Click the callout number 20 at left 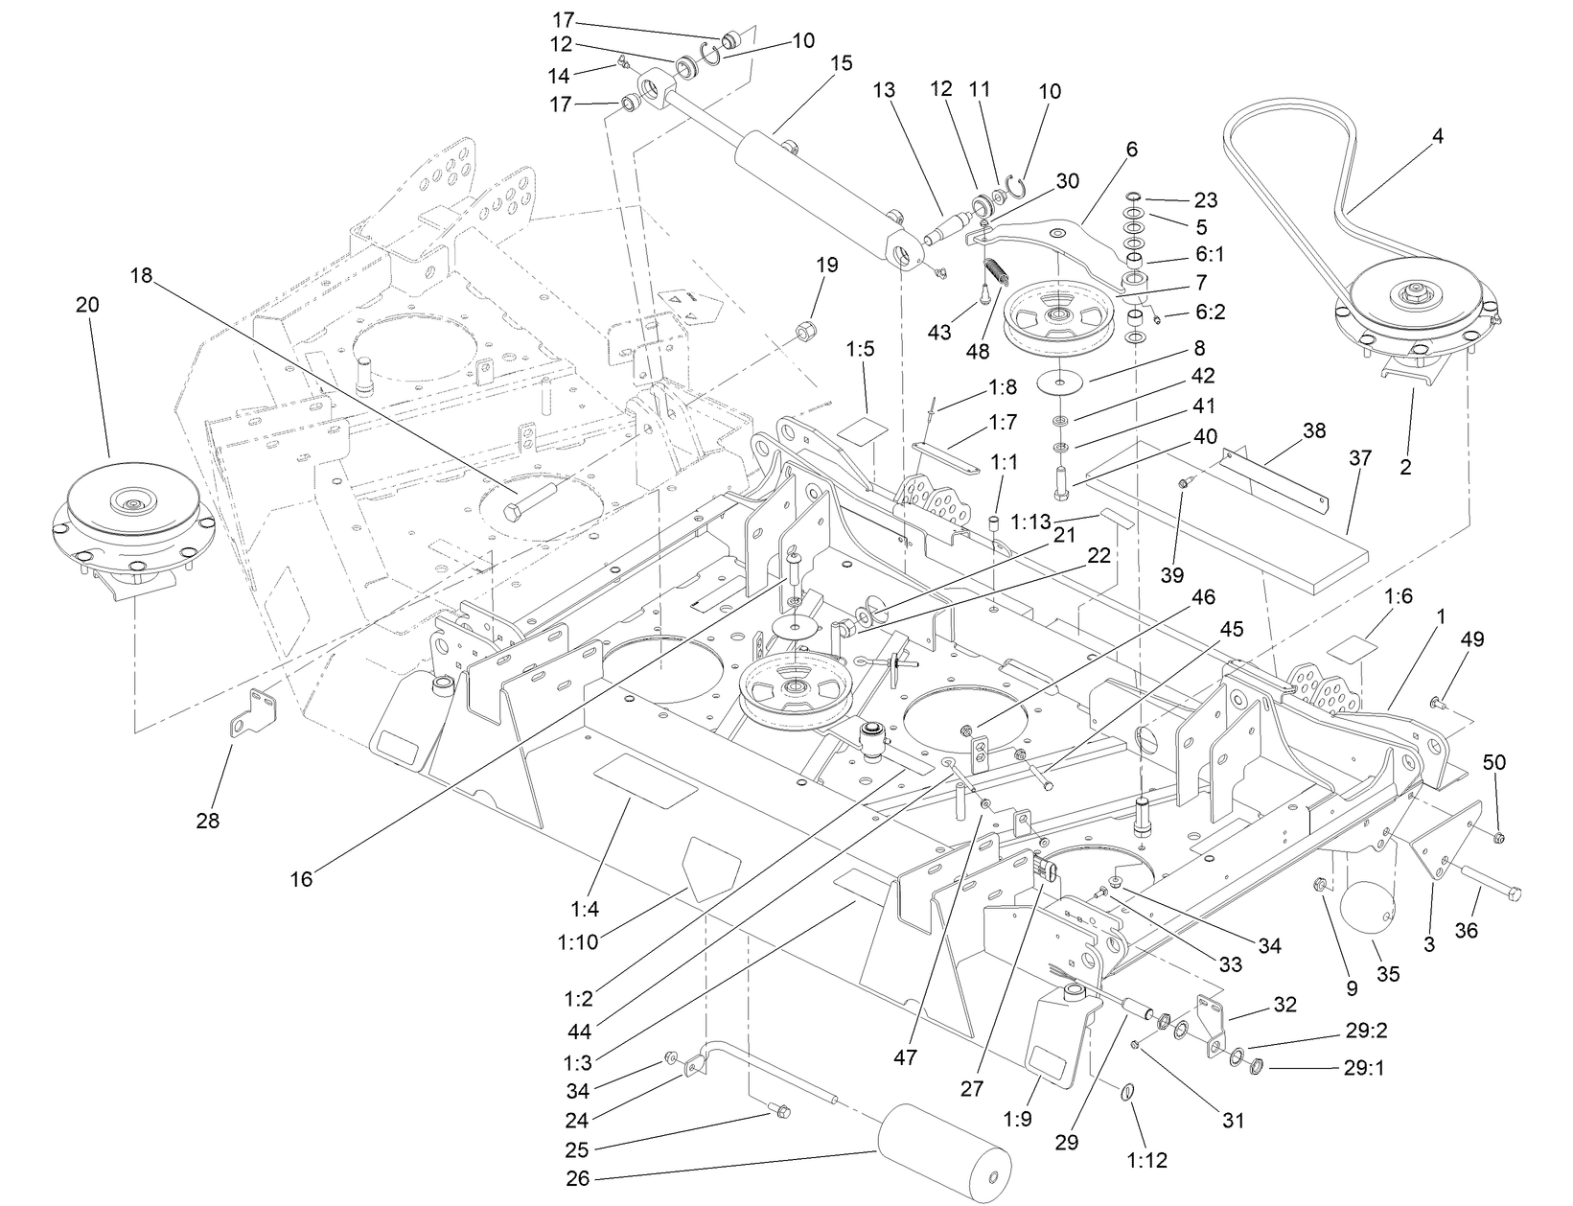pos(87,305)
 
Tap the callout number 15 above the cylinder pos(841,63)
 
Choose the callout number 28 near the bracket pos(208,821)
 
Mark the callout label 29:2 pos(1366,1031)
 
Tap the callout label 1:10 pos(577,941)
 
